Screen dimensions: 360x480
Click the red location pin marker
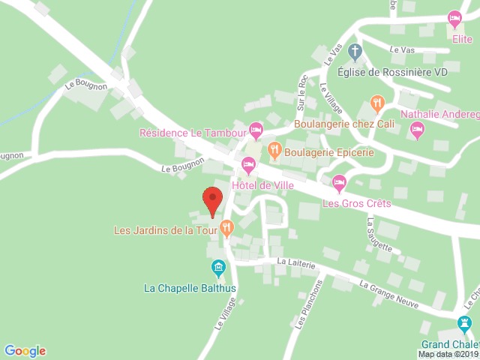coord(213,199)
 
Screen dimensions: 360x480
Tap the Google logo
coord(25,351)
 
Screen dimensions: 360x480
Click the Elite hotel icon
coord(454,17)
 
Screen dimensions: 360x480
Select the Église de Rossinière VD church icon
coord(355,52)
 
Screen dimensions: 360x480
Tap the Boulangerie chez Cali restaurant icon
coord(377,103)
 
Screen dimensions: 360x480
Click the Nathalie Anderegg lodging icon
coord(417,131)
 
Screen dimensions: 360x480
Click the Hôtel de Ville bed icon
coord(248,163)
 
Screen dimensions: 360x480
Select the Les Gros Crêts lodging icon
coord(339,181)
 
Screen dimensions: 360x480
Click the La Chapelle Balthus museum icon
coord(217,267)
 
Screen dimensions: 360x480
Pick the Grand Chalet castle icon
coord(465,323)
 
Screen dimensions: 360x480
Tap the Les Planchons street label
coord(308,304)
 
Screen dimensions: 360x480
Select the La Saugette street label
coord(379,234)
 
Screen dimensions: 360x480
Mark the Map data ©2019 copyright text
coord(448,354)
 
